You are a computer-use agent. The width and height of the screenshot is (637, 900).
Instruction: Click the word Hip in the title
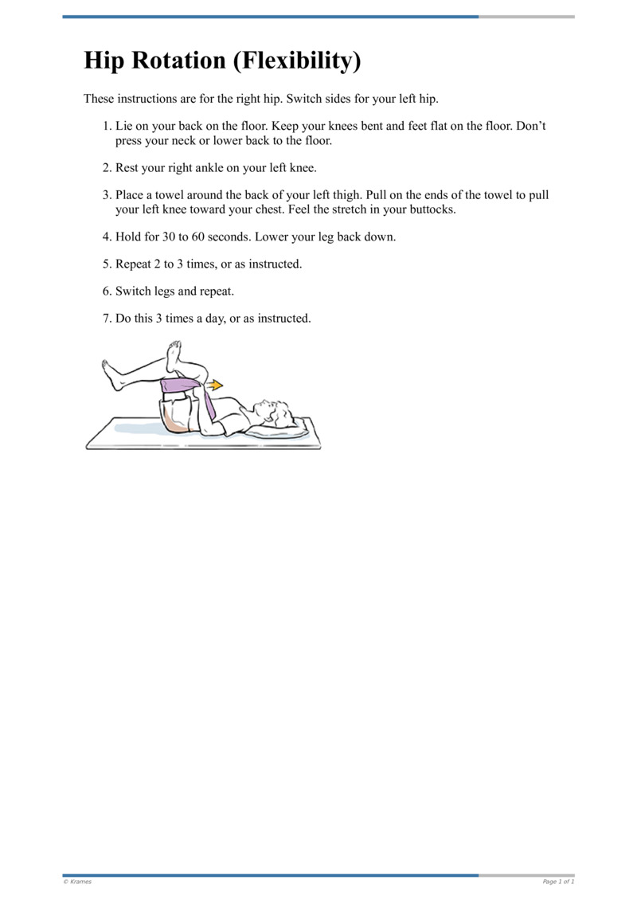coord(107,61)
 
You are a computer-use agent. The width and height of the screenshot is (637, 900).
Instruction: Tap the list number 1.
coord(107,127)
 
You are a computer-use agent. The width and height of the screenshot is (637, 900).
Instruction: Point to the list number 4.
coord(107,237)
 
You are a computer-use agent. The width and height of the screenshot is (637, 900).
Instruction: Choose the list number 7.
coord(107,319)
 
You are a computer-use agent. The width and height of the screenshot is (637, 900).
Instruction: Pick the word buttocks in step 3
coord(428,210)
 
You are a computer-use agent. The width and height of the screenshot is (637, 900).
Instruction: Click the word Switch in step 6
coord(134,292)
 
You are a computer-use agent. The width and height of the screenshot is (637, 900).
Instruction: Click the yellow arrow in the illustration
coord(214,385)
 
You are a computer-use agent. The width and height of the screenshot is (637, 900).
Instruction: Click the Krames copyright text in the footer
coord(77,882)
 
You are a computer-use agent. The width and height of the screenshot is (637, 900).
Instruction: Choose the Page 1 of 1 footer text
coord(558,882)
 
